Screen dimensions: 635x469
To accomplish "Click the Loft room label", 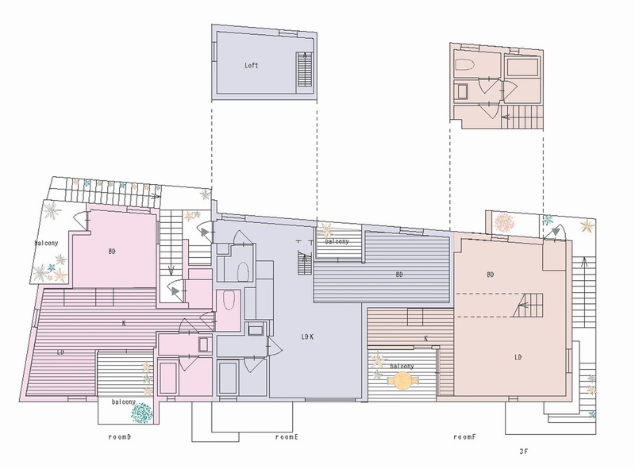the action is (x=251, y=65).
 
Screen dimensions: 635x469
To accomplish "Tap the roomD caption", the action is (x=120, y=437).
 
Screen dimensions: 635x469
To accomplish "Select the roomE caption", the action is (x=287, y=437).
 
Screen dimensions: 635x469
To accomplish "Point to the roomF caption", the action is (x=464, y=437).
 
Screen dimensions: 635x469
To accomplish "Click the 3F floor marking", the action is (x=524, y=452).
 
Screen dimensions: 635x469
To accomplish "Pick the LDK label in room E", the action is (x=307, y=336).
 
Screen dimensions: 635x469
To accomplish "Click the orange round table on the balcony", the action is (x=402, y=380).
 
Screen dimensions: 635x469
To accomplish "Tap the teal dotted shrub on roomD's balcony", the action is (x=142, y=413).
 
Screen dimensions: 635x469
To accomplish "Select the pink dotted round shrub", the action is (x=504, y=223).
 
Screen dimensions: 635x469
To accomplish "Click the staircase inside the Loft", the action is (x=305, y=69).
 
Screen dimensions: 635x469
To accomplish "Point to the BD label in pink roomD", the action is (x=112, y=252).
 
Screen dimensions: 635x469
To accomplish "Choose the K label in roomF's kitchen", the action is (x=426, y=339).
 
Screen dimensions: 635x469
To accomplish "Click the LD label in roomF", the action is (x=518, y=357).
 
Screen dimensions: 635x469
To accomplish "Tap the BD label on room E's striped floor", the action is (x=399, y=275).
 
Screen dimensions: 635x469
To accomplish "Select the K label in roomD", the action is (x=124, y=323).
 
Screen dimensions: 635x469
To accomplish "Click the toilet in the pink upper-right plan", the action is (x=467, y=65).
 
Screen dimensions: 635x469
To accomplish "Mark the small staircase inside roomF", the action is (x=529, y=305).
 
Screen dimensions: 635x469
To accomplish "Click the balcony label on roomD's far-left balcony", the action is (x=46, y=243).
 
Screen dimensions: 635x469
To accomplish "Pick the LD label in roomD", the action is (x=60, y=352).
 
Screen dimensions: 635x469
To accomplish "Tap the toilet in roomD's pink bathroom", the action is (x=229, y=300).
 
